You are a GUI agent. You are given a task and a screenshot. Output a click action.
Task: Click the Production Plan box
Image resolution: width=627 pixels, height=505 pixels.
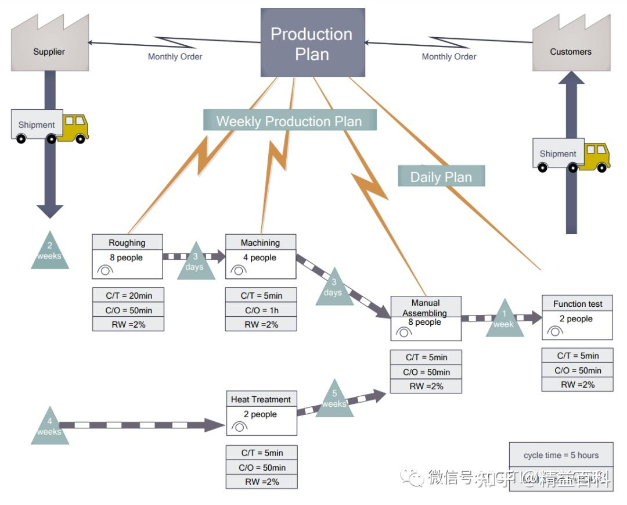point(312,44)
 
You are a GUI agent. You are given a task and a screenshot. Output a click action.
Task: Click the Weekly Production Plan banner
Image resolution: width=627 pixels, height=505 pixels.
point(289,121)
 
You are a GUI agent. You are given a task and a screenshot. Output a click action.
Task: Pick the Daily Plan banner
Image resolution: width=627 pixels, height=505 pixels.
point(441,177)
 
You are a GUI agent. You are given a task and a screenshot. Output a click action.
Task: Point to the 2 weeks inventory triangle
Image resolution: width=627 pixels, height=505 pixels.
point(49,251)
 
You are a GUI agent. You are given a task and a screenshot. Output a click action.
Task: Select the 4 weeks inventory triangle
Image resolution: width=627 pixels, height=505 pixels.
point(49,427)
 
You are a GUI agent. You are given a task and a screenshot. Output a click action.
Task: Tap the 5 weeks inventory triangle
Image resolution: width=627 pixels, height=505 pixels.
point(334,400)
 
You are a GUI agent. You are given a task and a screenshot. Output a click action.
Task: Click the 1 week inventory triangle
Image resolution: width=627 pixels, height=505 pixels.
point(503,320)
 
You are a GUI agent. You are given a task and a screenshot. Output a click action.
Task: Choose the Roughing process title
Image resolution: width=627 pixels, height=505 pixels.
point(127,242)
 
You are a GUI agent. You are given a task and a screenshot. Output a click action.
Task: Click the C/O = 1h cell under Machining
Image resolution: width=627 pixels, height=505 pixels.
point(261,310)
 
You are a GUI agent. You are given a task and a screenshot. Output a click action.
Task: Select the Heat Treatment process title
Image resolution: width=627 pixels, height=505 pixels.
point(261,399)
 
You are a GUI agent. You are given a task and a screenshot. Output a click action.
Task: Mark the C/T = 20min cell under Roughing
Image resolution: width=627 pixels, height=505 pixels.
point(128,295)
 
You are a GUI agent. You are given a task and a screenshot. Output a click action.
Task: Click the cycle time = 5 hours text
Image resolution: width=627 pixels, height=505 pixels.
point(560,455)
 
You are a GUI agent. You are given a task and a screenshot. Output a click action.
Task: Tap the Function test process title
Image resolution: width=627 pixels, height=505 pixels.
point(577,303)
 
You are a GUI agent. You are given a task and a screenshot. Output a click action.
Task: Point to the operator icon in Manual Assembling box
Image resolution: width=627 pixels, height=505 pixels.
point(404,332)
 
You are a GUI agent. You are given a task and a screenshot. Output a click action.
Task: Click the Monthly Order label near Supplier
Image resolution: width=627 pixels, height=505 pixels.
point(175,56)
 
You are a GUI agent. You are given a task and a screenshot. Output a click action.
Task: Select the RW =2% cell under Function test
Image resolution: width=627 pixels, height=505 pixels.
point(576,384)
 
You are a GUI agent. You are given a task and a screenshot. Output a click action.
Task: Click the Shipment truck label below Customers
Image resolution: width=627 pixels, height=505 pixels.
point(557,153)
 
